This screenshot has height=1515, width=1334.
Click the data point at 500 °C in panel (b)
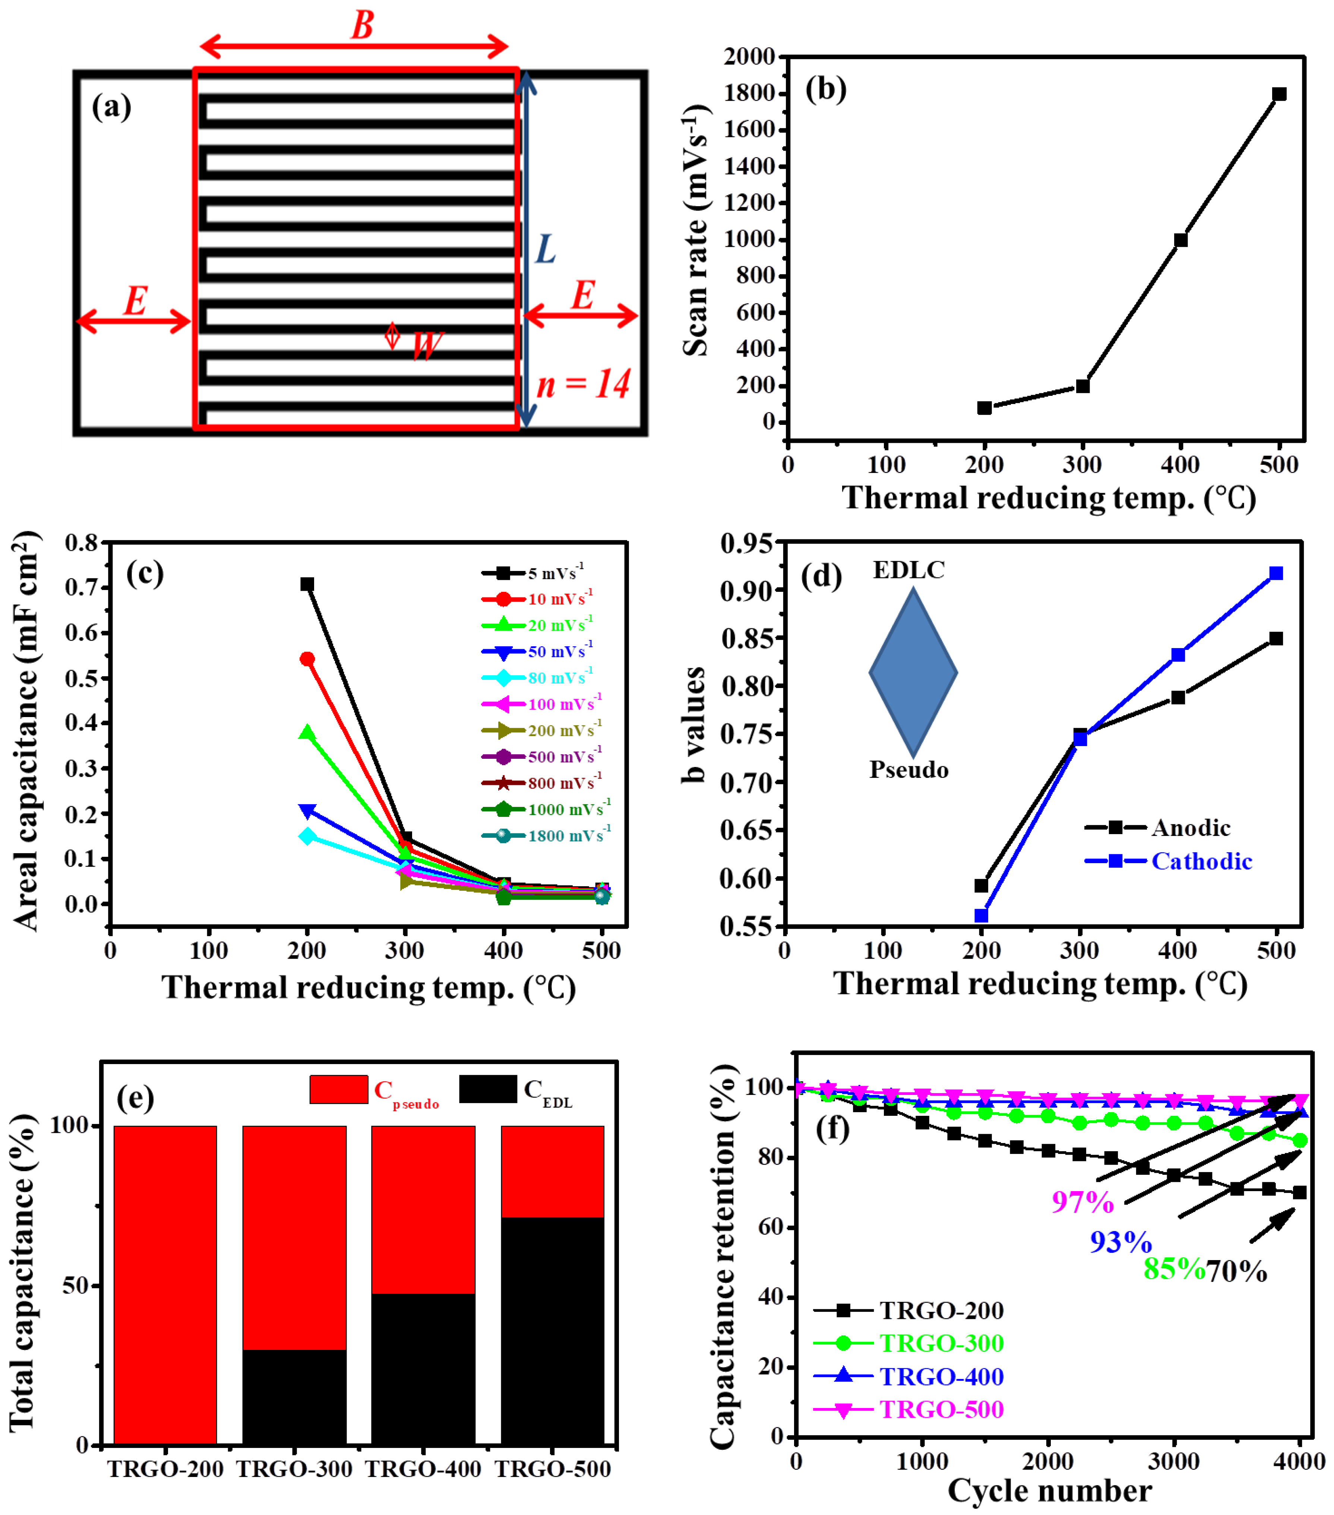coord(1278,94)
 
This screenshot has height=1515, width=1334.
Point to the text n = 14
coord(583,384)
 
